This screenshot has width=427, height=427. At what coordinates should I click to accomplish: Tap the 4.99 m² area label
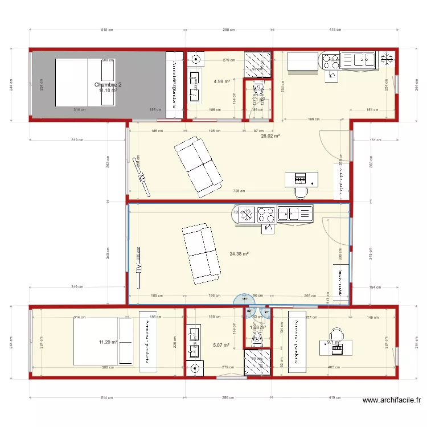(221, 81)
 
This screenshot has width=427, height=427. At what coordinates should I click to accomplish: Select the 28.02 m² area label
(270, 136)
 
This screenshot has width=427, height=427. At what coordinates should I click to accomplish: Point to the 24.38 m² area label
(240, 254)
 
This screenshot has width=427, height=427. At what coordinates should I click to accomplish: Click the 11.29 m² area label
(108, 342)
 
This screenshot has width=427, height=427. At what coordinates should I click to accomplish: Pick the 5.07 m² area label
(221, 345)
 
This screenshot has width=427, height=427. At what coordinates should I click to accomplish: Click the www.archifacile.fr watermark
(392, 401)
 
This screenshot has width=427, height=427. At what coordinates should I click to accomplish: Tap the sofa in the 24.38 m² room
(201, 253)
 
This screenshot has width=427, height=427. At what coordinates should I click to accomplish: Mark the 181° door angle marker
(245, 299)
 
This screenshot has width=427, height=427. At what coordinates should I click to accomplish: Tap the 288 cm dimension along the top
(228, 30)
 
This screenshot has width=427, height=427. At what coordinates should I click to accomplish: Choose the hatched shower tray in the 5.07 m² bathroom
(257, 362)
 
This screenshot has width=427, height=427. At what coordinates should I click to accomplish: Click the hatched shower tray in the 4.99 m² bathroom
(258, 63)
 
